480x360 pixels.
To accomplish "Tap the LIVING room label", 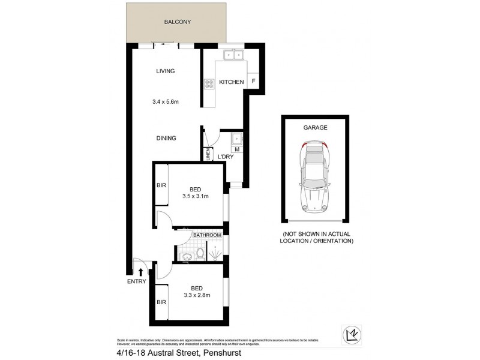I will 165,71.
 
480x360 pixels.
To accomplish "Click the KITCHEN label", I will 231,82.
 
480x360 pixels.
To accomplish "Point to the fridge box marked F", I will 254,82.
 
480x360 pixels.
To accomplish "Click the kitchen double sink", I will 233,55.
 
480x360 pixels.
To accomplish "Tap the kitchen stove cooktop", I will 209,85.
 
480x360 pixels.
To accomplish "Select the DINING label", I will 166,138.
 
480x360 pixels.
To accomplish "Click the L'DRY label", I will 225,157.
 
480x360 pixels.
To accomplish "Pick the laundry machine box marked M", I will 236,149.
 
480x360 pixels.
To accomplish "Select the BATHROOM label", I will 207,236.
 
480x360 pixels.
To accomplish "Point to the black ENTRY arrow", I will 140,272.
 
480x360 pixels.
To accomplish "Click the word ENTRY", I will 136,281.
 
